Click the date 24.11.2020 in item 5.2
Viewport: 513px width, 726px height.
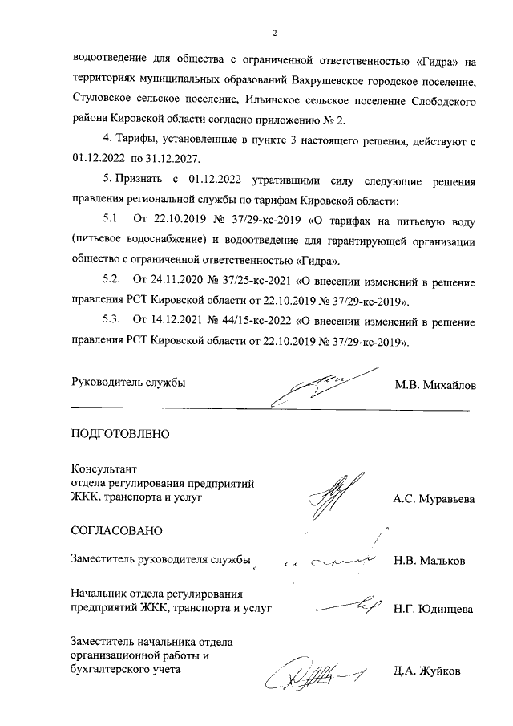pyautogui.click(x=176, y=282)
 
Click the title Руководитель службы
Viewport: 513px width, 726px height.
pyautogui.click(x=128, y=383)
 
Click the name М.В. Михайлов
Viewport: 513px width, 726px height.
pyautogui.click(x=434, y=386)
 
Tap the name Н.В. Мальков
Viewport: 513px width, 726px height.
pyautogui.click(x=429, y=561)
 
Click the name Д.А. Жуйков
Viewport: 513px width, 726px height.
pyautogui.click(x=426, y=671)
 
